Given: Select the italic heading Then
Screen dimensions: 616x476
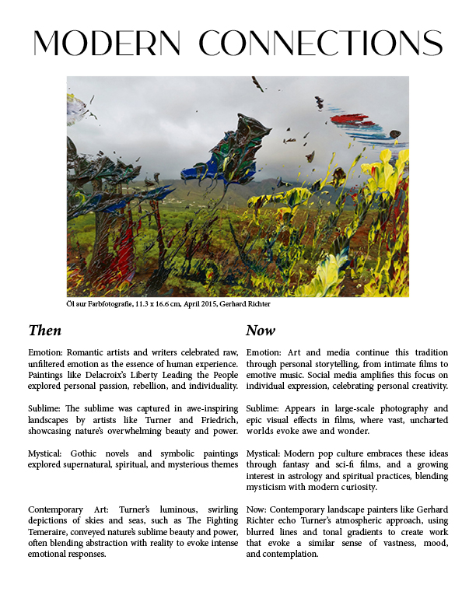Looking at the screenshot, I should (x=44, y=331).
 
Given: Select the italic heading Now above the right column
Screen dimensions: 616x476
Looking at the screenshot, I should (x=261, y=331).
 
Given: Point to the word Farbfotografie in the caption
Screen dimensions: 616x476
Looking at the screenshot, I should (x=101, y=304).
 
